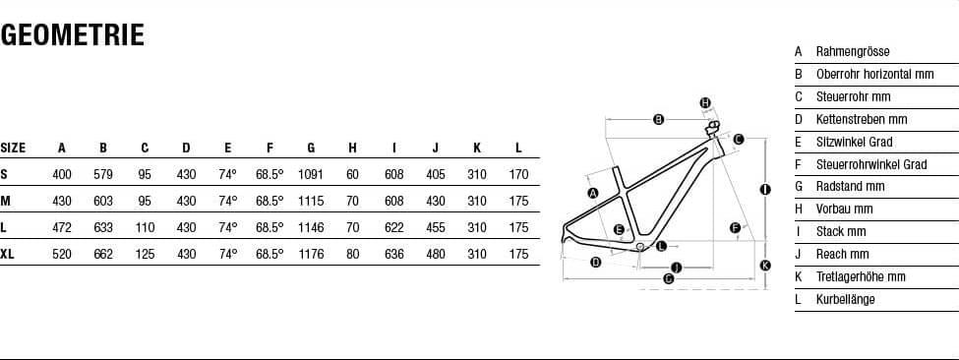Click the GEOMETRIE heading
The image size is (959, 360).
click(72, 35)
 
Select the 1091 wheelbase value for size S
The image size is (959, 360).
click(311, 174)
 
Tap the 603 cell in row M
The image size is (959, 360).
click(103, 201)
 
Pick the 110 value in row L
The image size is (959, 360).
click(145, 227)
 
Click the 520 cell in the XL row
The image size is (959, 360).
click(62, 254)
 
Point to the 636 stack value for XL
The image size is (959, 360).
click(393, 254)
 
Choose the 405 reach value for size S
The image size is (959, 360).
click(436, 174)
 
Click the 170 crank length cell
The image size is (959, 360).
click(518, 174)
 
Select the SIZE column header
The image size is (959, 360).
click(13, 148)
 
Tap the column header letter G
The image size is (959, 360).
click(311, 148)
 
